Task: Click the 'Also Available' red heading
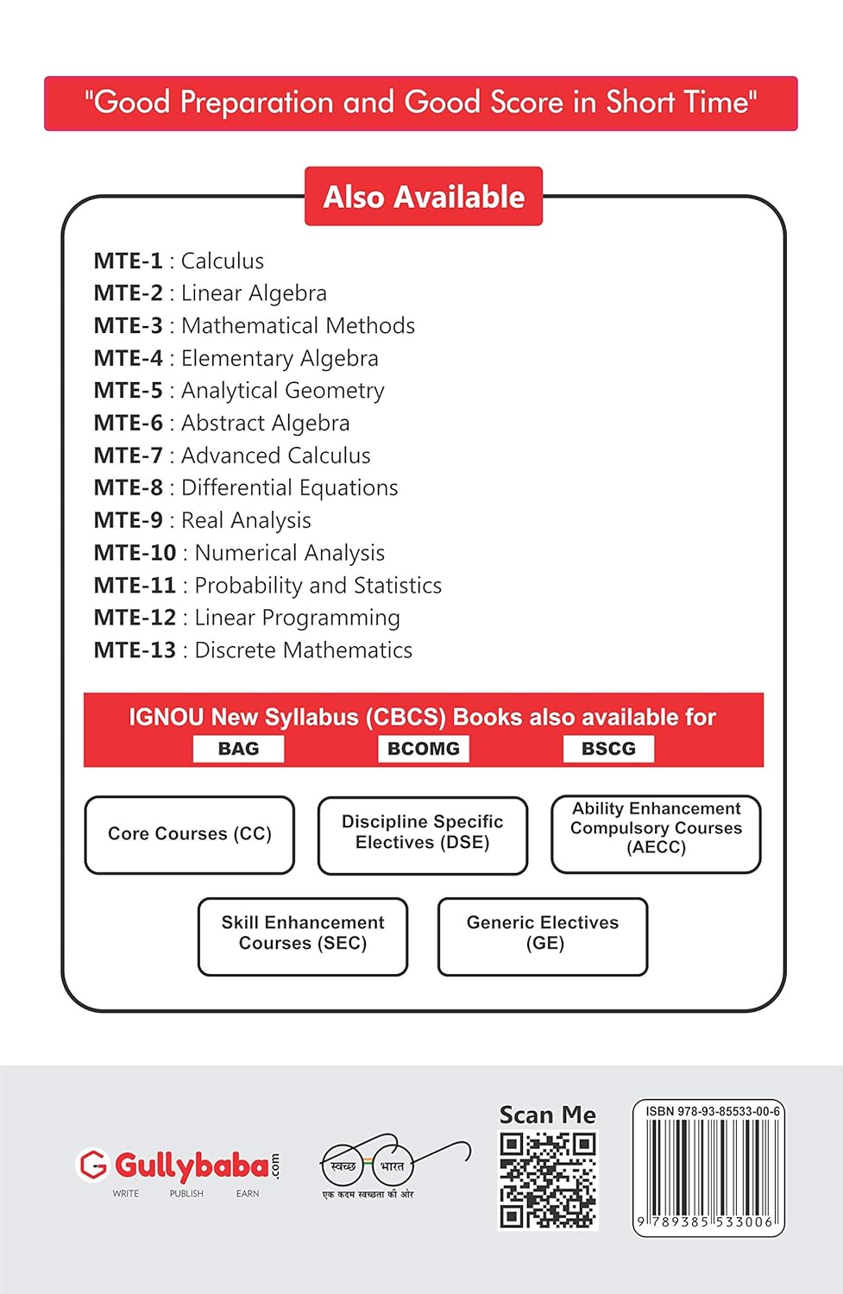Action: (x=424, y=197)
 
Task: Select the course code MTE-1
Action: (x=128, y=261)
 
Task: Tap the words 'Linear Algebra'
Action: (x=254, y=293)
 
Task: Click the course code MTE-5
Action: (x=128, y=391)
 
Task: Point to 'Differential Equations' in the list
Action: (x=289, y=488)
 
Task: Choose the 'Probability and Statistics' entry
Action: (x=318, y=586)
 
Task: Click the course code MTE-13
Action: (x=135, y=650)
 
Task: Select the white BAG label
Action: (x=238, y=749)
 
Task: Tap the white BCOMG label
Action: (x=423, y=749)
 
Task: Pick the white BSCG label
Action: (x=608, y=749)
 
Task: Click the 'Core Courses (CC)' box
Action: (x=190, y=834)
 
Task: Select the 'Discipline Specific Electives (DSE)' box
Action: (x=422, y=833)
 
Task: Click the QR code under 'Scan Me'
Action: (x=548, y=1180)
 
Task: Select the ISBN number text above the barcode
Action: (x=713, y=1112)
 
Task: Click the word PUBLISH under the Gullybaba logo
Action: (x=186, y=1194)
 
